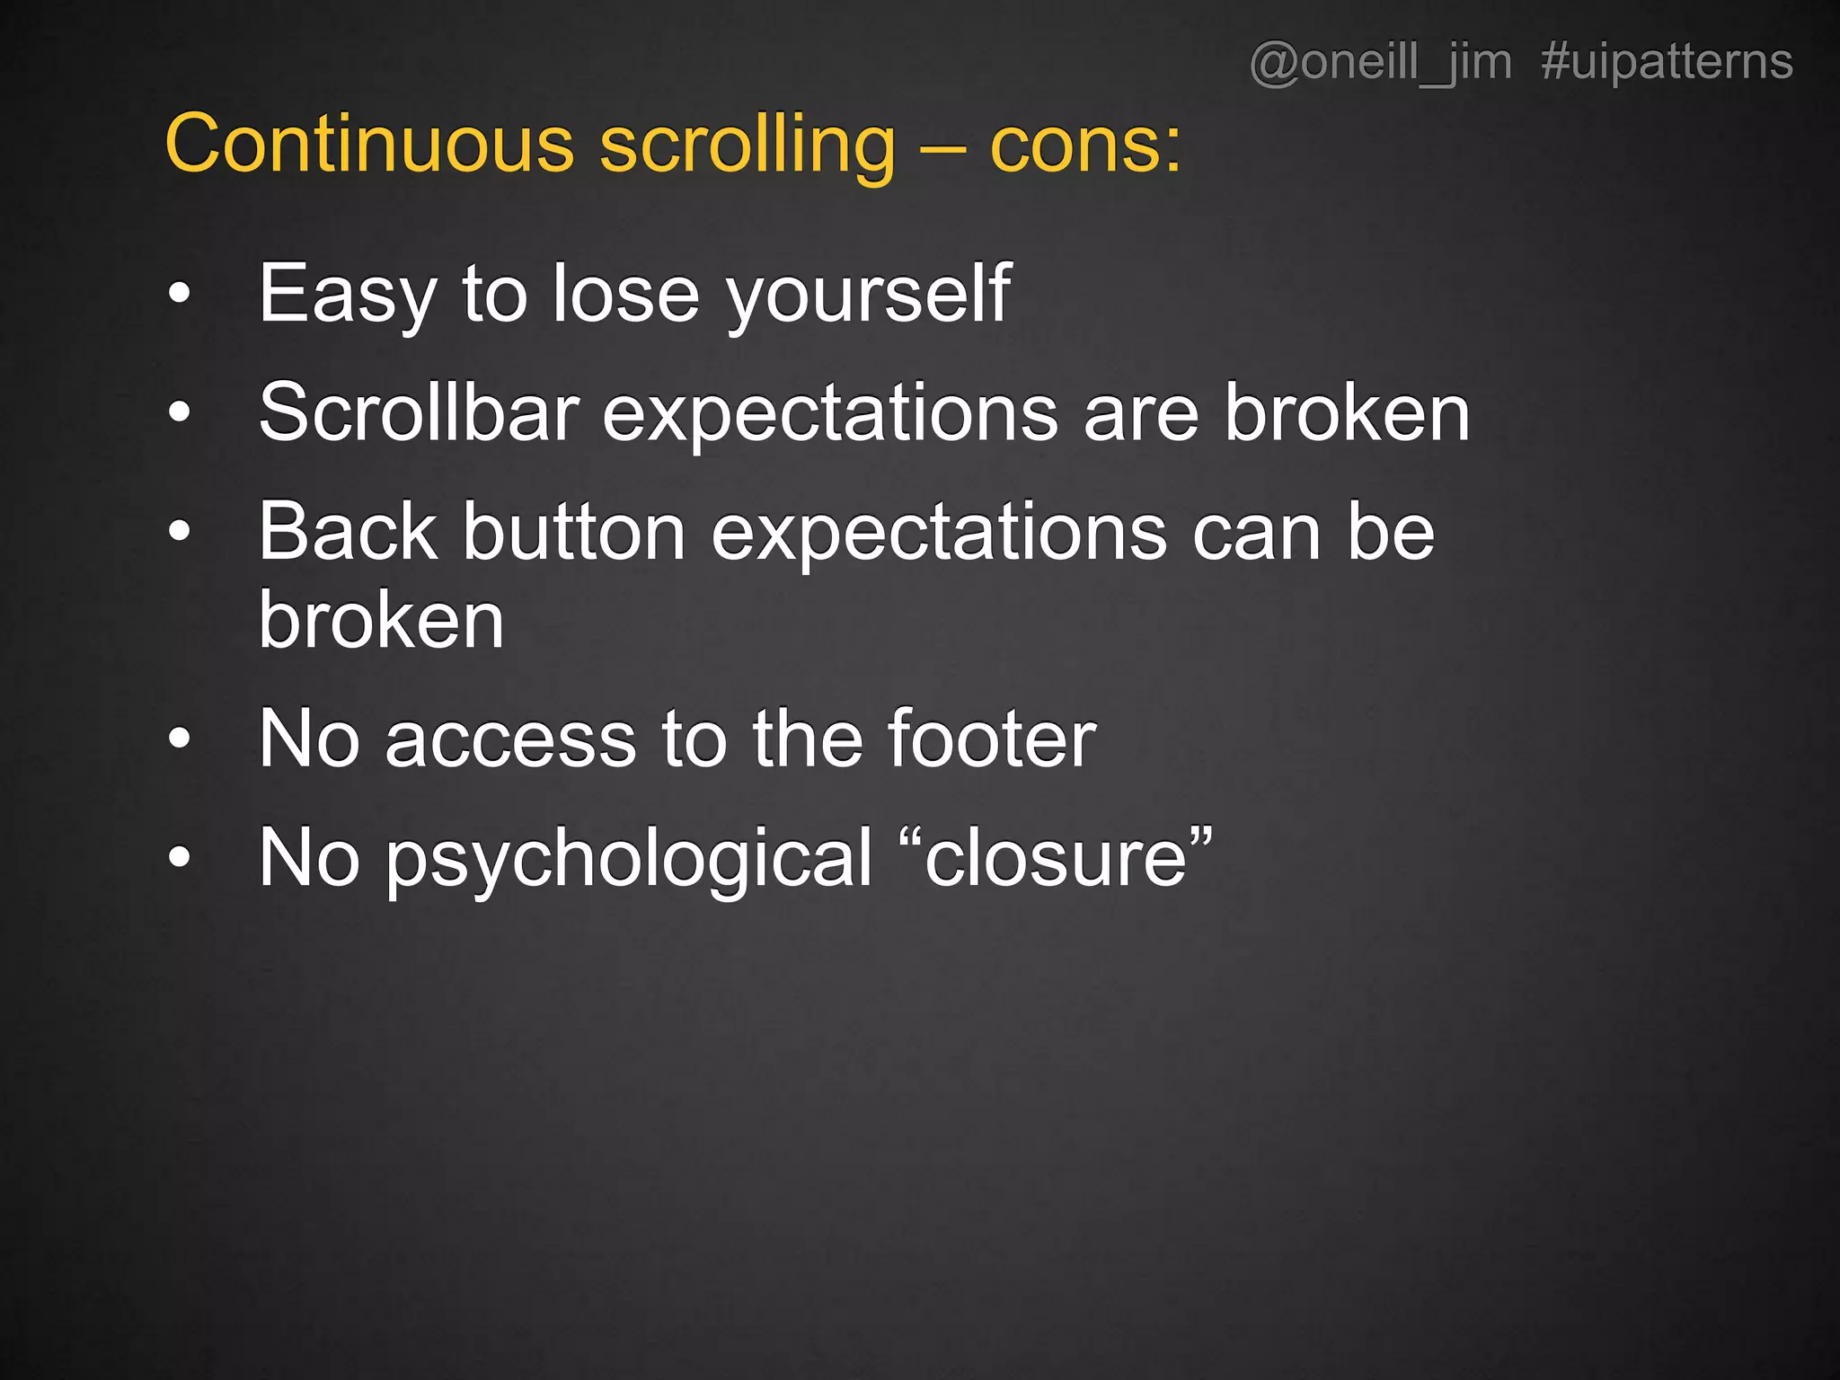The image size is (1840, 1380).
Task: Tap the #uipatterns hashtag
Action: pyautogui.click(x=1667, y=63)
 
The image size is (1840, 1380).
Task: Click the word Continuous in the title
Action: pyautogui.click(x=369, y=145)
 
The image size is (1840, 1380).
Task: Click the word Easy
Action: pyautogui.click(x=347, y=295)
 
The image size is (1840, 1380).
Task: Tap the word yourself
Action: pyautogui.click(x=869, y=295)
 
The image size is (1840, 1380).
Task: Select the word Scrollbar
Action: pyautogui.click(x=419, y=412)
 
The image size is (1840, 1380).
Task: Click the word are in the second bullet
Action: pyautogui.click(x=1141, y=414)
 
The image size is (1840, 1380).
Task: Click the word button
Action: pyautogui.click(x=575, y=532)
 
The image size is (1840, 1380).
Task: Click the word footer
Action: pyautogui.click(x=991, y=739)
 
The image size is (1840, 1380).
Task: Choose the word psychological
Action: pyautogui.click(x=629, y=859)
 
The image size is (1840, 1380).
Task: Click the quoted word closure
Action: pyautogui.click(x=1056, y=859)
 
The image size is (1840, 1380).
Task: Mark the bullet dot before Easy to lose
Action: pyautogui.click(x=180, y=293)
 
